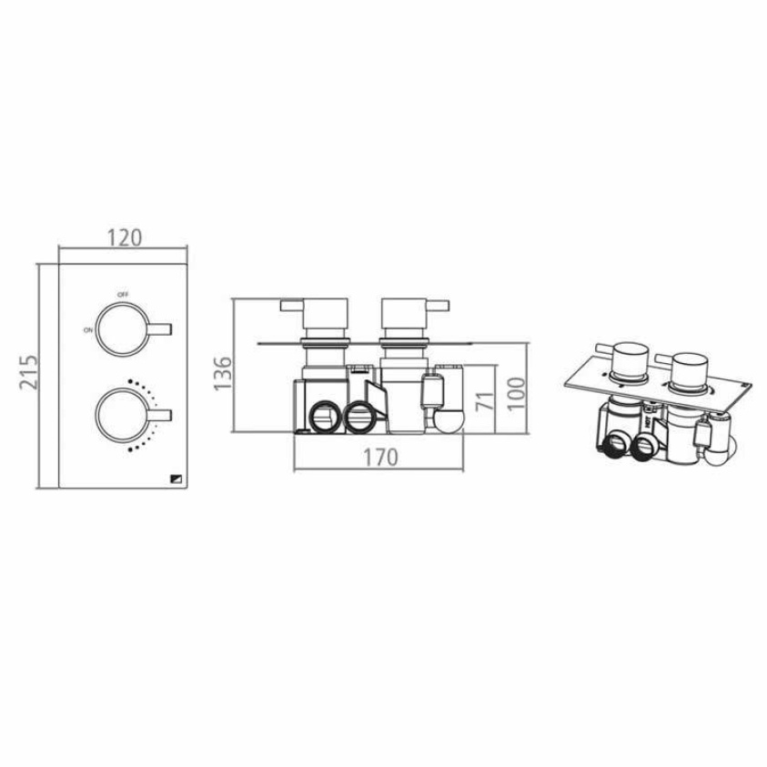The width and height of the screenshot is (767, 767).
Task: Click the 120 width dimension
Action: point(125,237)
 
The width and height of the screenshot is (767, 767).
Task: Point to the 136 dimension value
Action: point(222,373)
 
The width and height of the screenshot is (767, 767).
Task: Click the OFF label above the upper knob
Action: point(122,295)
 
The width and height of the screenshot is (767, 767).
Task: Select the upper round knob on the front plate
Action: point(120,328)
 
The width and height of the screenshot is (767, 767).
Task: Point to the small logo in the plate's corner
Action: point(177,479)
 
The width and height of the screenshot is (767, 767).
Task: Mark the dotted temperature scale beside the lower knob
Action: point(146,414)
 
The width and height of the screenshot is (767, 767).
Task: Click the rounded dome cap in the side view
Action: point(447,420)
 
